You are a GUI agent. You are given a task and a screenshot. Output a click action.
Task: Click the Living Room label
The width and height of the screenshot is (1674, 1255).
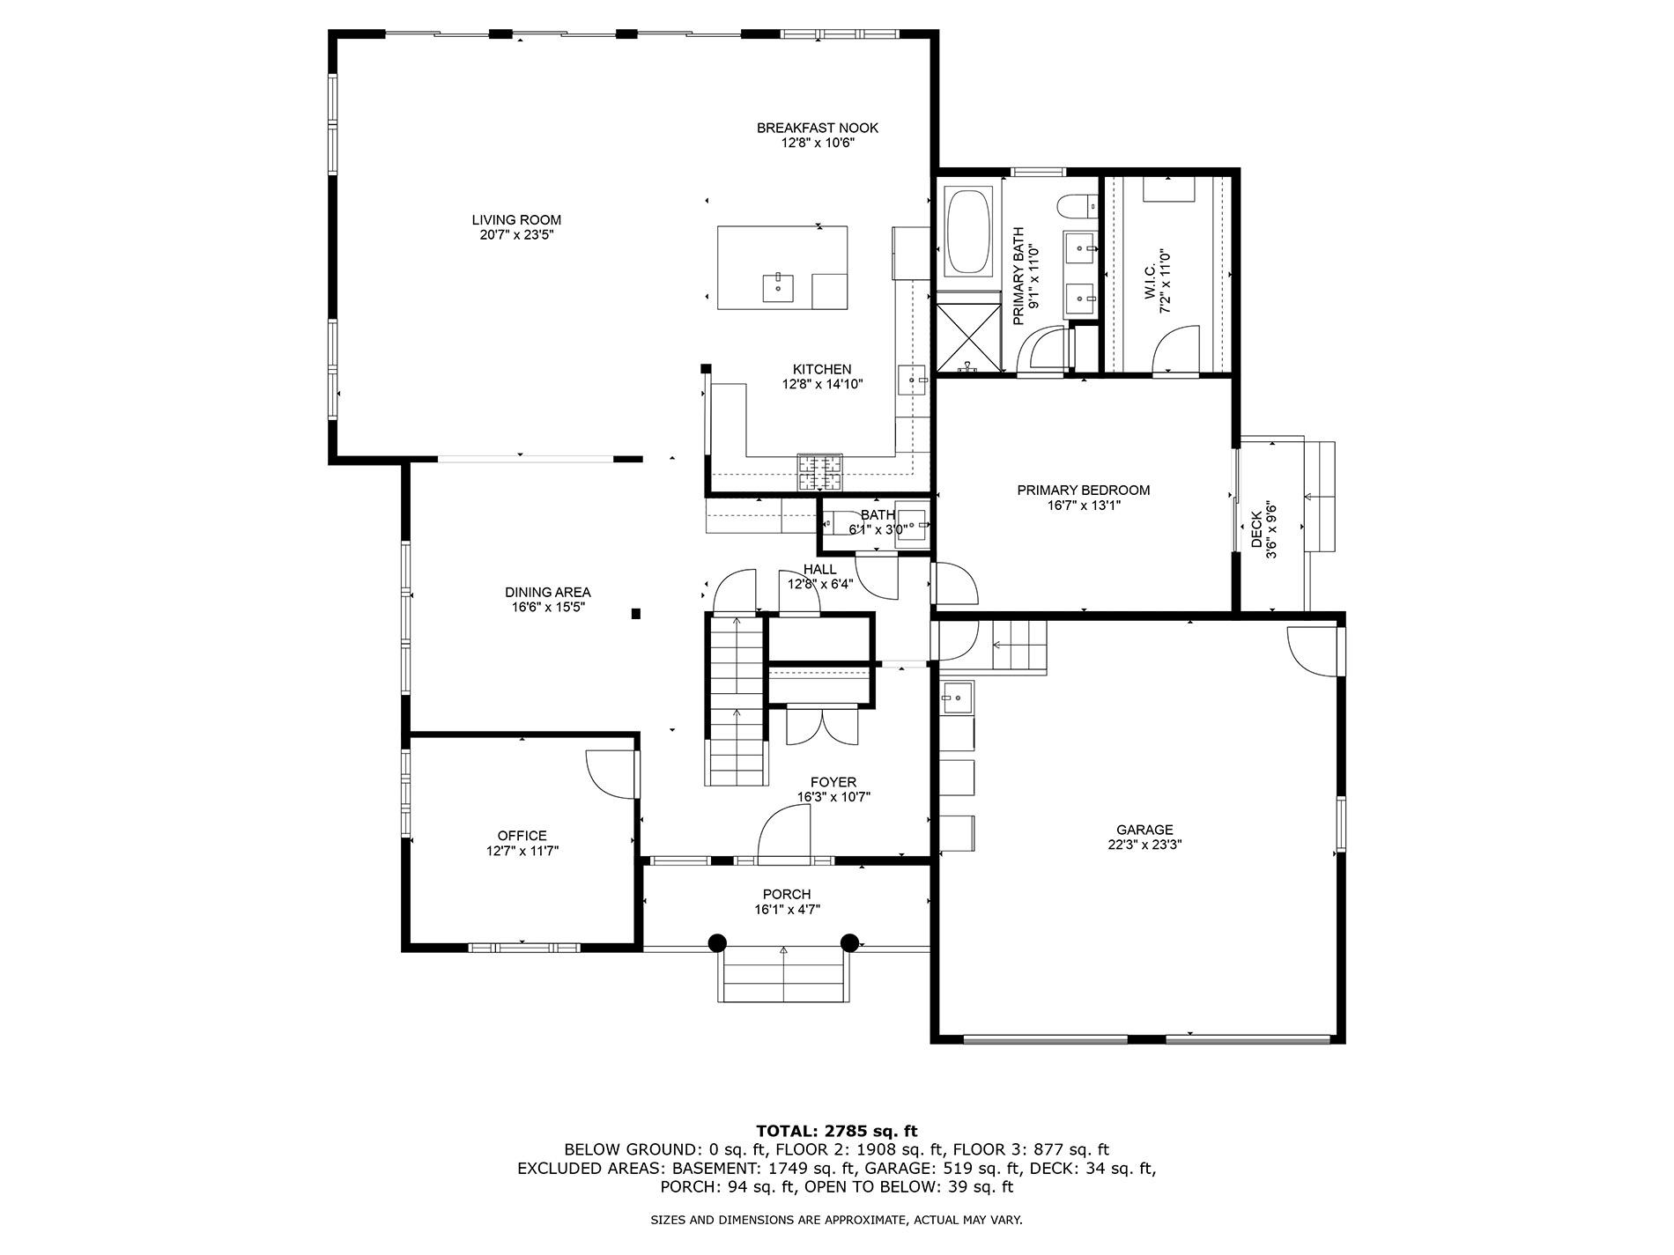click(x=516, y=220)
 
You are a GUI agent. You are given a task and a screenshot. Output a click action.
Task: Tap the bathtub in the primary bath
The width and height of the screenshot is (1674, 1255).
click(x=968, y=231)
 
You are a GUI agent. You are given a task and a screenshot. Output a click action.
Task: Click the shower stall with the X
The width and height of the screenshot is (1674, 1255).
click(x=968, y=335)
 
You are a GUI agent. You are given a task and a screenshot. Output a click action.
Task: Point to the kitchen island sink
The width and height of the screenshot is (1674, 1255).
click(x=778, y=287)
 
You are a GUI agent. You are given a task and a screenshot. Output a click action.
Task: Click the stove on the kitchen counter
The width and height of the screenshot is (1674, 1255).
click(x=819, y=471)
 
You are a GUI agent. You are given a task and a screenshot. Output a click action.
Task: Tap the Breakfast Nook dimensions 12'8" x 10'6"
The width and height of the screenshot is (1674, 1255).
click(x=818, y=143)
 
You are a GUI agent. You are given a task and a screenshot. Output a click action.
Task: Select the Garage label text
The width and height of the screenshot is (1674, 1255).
click(x=1144, y=830)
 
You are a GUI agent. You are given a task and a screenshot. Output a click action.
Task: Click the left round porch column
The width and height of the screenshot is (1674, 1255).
click(x=717, y=942)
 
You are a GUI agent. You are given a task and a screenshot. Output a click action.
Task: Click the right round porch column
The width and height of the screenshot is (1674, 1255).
click(x=849, y=942)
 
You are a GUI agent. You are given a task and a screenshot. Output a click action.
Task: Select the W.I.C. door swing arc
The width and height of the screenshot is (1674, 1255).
click(x=1176, y=348)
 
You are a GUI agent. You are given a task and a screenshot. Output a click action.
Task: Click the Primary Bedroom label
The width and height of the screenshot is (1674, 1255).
click(x=1083, y=491)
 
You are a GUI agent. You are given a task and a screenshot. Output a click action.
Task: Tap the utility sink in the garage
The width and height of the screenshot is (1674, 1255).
click(x=955, y=698)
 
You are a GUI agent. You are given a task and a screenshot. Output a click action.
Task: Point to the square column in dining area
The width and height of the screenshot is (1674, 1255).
click(x=636, y=614)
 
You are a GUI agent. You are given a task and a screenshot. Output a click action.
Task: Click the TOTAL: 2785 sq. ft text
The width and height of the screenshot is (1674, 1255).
click(x=836, y=1131)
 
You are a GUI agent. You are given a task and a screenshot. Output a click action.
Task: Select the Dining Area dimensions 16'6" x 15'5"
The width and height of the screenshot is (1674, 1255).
click(x=547, y=607)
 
